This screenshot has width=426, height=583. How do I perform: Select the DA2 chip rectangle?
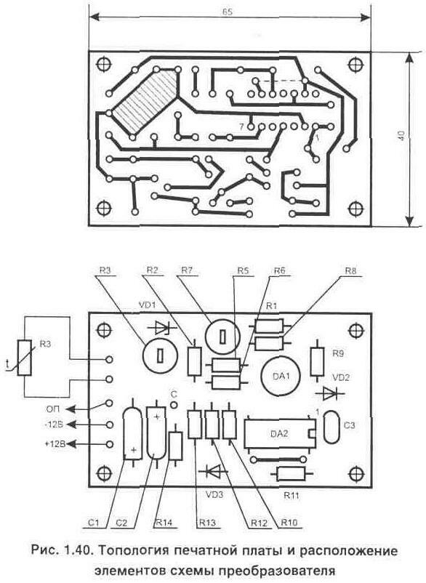(x=279, y=433)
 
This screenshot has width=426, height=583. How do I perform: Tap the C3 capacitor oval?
(x=331, y=427)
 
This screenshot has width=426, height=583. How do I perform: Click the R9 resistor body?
(x=317, y=361)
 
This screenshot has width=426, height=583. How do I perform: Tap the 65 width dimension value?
(x=228, y=12)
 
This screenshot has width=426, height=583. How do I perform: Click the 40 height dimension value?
(x=401, y=135)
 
